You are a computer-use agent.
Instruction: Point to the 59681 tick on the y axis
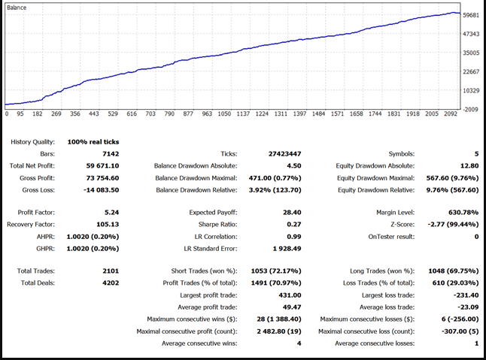pos(472,14)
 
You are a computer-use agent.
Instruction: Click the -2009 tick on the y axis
pos(472,109)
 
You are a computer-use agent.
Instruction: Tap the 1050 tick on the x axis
pos(223,114)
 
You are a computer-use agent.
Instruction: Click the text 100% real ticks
pos(93,141)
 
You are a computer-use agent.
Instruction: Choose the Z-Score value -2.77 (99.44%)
pos(453,225)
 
